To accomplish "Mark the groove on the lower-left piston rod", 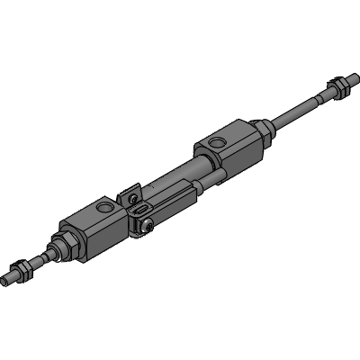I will coord(41,256).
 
